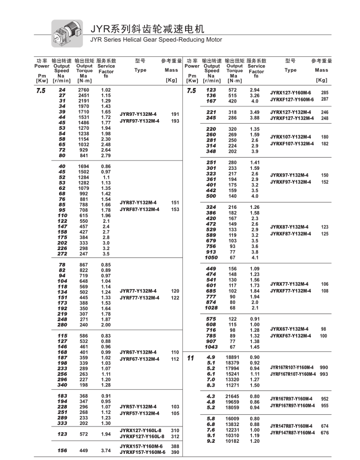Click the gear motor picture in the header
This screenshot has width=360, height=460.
(66, 30)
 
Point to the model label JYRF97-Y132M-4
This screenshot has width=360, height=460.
(139, 121)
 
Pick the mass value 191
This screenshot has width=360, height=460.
(175, 114)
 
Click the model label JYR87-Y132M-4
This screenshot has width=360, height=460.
(138, 203)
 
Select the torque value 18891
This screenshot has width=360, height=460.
(233, 356)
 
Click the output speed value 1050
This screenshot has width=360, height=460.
(211, 258)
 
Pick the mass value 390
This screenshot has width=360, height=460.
(175, 453)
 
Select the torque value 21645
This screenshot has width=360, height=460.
(233, 395)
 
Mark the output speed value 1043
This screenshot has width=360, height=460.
(211, 347)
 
